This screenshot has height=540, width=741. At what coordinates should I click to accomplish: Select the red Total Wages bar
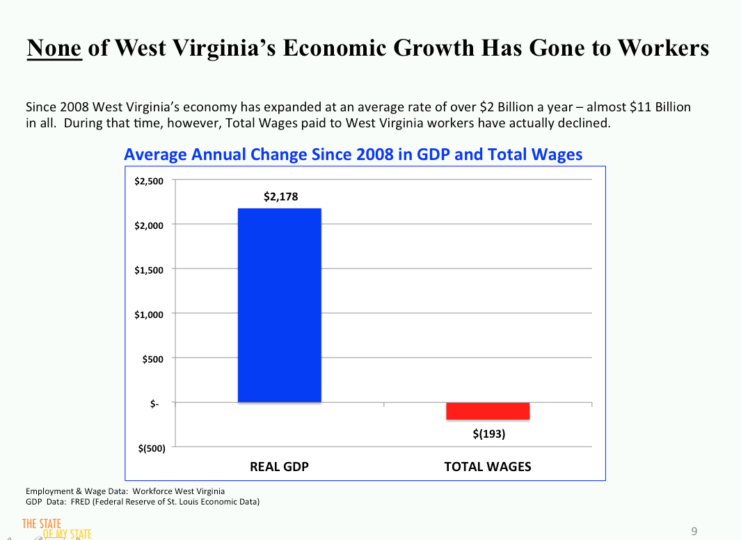pyautogui.click(x=488, y=411)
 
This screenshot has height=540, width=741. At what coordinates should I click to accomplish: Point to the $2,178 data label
pyautogui.click(x=280, y=197)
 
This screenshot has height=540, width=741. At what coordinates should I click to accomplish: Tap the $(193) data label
pyautogui.click(x=488, y=434)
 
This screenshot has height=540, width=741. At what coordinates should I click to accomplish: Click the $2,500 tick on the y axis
pyautogui.click(x=149, y=181)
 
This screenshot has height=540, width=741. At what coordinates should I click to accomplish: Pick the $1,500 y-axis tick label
pyautogui.click(x=149, y=270)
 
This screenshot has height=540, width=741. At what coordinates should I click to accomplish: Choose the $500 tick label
pyautogui.click(x=153, y=359)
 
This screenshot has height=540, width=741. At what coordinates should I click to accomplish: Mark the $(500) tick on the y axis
pyautogui.click(x=150, y=448)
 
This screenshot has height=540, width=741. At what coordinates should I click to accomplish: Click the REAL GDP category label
pyautogui.click(x=279, y=467)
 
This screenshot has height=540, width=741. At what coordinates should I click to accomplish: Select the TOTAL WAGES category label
pyautogui.click(x=488, y=467)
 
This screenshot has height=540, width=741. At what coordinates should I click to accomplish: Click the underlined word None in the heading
pyautogui.click(x=54, y=47)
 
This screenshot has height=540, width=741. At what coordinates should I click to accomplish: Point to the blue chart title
pyautogui.click(x=353, y=154)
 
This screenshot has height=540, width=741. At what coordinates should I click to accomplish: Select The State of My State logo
pyautogui.click(x=56, y=529)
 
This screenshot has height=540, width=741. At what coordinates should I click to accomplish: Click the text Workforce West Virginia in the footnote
pyautogui.click(x=178, y=491)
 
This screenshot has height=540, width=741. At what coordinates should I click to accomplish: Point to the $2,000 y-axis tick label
pyautogui.click(x=149, y=225)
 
